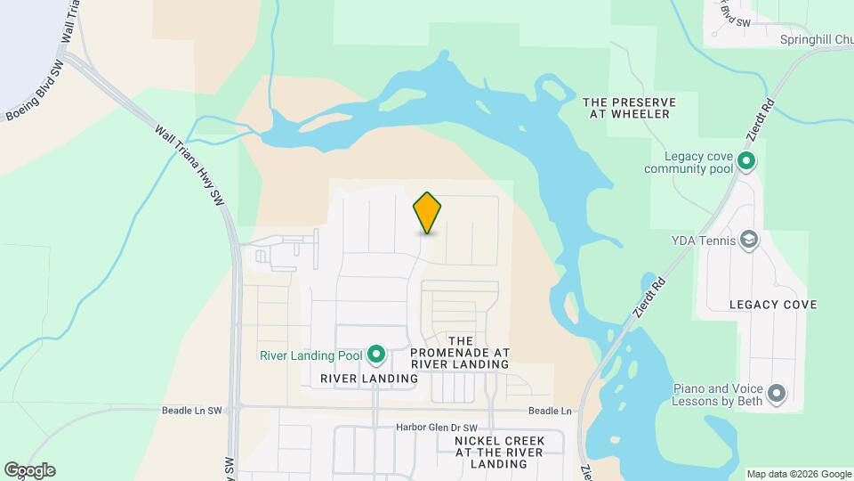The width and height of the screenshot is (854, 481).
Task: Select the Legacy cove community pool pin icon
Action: coord(746,162)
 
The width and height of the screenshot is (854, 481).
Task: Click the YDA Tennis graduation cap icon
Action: coord(749,239)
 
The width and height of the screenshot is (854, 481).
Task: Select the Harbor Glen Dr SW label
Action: coord(437,428)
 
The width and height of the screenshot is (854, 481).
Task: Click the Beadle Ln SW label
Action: coord(191,411)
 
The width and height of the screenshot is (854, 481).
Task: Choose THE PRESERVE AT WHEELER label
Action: coord(628,108)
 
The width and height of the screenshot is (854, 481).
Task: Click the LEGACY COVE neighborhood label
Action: coord(772,305)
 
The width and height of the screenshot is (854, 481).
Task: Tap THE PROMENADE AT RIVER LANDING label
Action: coord(460,353)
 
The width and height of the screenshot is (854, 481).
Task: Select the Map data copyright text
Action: coord(797,473)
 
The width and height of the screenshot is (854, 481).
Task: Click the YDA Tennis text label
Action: coord(703,239)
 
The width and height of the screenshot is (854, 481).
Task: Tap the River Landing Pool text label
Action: coord(310,355)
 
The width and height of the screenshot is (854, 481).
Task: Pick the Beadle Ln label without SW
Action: coord(549,411)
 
